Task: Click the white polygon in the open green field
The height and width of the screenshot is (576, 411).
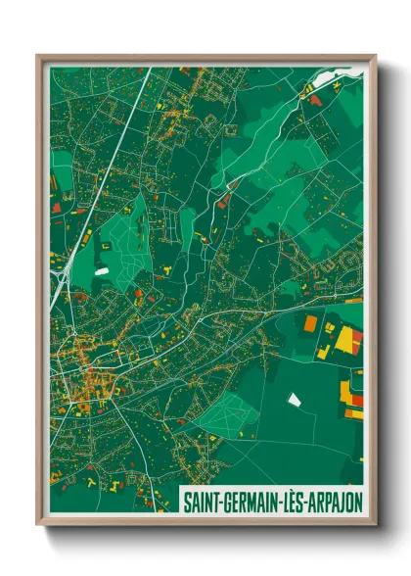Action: [294, 399]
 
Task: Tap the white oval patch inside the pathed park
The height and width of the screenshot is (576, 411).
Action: [102, 269]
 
